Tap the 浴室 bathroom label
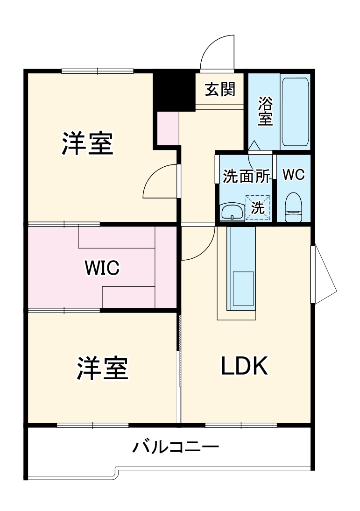[265, 111]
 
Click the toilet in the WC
[294, 207]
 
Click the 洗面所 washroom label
[246, 176]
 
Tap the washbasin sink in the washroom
[232, 211]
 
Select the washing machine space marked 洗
[258, 206]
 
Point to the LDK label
[244, 367]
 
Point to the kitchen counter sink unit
[240, 269]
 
